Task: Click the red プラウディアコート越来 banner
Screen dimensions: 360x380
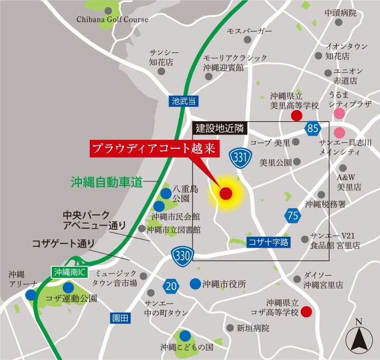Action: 154,149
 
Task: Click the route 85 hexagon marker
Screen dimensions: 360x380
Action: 313,128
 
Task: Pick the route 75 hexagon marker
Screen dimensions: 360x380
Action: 293,216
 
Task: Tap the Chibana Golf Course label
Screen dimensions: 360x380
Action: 113,20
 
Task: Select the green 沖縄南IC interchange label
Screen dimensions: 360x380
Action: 70,272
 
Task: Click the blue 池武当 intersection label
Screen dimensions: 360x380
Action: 184,100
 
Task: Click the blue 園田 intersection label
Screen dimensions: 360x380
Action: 120,318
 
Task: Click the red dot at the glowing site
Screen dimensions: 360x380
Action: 225,193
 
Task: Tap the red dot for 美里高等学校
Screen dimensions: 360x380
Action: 297,115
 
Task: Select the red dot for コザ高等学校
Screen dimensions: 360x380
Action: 306,312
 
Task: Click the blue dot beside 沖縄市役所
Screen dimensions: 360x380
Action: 195,283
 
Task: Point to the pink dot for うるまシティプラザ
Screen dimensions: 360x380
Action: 339,113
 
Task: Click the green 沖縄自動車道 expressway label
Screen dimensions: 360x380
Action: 107,182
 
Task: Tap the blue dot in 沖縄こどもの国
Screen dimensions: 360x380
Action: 185,336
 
